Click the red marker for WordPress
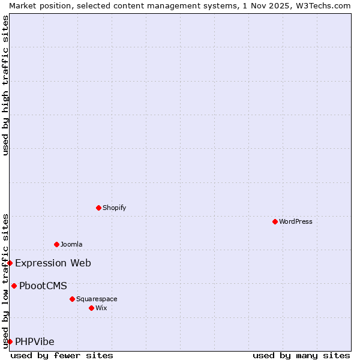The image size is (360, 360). point(275,221)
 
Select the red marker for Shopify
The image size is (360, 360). point(98,208)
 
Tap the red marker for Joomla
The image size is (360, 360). point(56,244)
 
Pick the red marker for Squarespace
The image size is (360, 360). point(72,299)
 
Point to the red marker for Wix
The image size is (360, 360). point(91,308)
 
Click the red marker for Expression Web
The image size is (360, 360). point(10,263)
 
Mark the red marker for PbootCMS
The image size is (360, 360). point(14,286)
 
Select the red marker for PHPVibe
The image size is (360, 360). point(10,341)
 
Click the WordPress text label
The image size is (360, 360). point(296,221)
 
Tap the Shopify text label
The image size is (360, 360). point(114,208)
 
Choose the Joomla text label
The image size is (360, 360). point(71,244)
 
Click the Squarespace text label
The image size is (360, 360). point(97,299)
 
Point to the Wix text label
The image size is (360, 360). point(101,308)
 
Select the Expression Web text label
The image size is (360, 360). point(53,263)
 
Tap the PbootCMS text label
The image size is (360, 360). point(43,286)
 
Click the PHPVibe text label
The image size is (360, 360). point(34,341)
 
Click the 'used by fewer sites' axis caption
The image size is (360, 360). point(62,355)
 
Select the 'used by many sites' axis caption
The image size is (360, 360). point(301,355)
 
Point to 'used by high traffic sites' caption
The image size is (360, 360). point(5,85)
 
